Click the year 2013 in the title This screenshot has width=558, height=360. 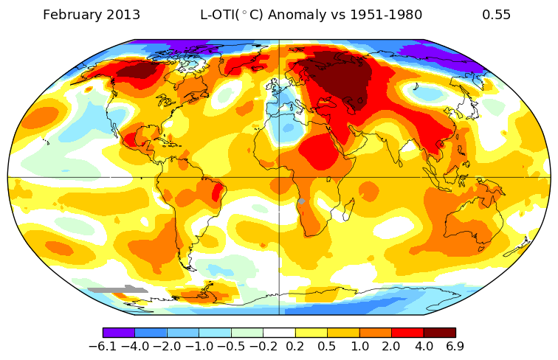pos(120,15)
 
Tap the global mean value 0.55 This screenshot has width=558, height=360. pos(496,15)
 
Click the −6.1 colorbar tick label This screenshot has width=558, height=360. pos(103,346)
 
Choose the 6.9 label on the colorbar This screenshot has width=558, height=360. pos(455,346)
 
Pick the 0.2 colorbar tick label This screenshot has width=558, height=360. pos(295,346)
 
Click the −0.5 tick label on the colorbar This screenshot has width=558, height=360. pos(231,346)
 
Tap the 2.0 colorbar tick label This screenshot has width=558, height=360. pos(391,346)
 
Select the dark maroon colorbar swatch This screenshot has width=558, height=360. pos(439,333)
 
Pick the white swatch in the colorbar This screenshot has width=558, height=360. pos(279,333)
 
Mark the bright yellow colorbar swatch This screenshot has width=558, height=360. pos(311,333)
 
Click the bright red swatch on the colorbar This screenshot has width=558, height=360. pos(407,333)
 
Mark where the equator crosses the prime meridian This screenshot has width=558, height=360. pos(279,177)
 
